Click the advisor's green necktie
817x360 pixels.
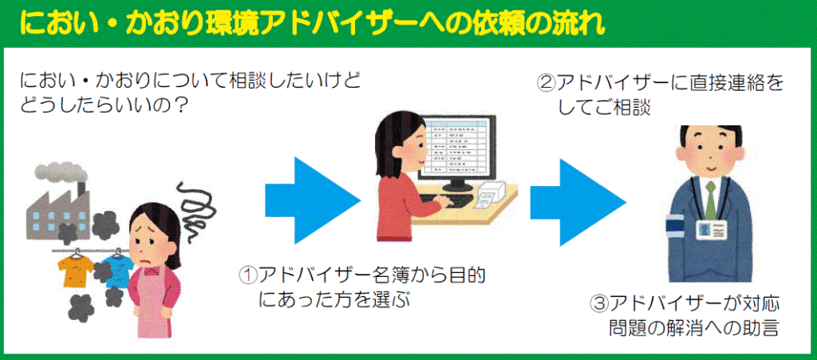[711, 199]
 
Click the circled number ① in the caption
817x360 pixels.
[248, 276]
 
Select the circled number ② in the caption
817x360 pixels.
[546, 83]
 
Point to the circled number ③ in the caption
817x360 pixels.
[598, 304]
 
